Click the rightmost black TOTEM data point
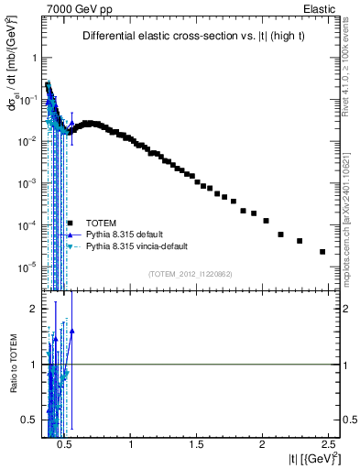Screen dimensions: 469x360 (x=322, y=252)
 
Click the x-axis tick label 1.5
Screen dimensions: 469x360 (x=197, y=443)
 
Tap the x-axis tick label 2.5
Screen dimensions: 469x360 (x=327, y=443)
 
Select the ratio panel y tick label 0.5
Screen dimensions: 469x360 (x=29, y=420)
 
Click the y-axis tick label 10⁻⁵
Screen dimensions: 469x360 (x=27, y=267)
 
